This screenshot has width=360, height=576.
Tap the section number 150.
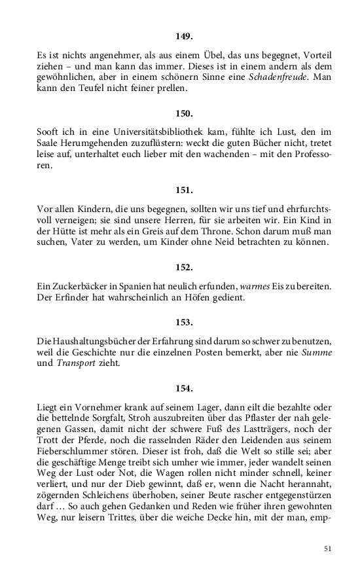(x=184, y=113)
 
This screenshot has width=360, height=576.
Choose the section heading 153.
(x=184, y=322)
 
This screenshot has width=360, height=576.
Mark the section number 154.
(x=184, y=389)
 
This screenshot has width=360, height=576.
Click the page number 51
(x=328, y=549)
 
